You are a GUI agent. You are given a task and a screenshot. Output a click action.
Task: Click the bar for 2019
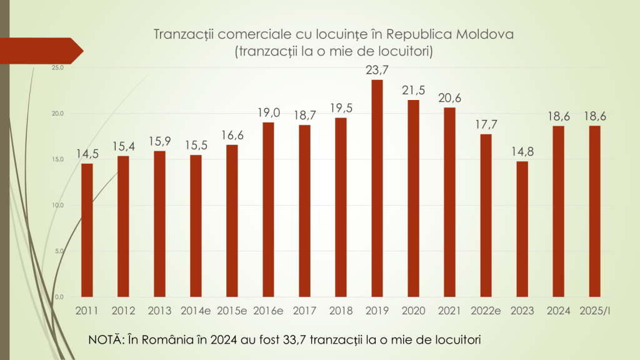(377, 187)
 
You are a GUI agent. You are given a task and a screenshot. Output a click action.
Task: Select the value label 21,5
(413, 89)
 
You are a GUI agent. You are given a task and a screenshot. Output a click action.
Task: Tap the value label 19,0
(268, 112)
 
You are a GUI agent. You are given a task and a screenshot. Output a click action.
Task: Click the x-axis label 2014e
(196, 311)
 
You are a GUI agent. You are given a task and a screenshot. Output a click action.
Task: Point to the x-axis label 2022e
(486, 311)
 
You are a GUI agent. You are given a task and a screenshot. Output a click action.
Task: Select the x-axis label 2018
(341, 311)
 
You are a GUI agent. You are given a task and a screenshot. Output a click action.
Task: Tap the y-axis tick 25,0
(58, 67)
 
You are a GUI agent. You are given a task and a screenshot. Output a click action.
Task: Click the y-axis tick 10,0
(58, 205)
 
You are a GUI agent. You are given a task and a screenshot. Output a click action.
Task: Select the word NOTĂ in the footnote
(105, 339)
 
